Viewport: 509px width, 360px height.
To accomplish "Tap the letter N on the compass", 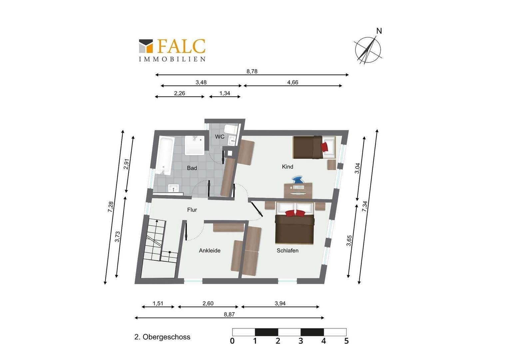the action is pos(379,31).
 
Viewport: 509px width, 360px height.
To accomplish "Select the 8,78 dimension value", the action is pos(252,71).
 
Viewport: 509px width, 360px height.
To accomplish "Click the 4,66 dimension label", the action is pos(293,82).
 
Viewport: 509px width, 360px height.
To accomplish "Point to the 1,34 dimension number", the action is pos(225,93).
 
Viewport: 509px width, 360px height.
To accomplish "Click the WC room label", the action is pos(220,137).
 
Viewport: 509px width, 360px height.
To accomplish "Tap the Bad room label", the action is pos(192,168).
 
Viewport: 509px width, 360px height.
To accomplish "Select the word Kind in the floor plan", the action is pos(287,167).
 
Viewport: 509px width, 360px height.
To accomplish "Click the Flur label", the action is pos(192,210).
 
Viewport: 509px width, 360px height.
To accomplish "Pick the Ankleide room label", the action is pos(210,251).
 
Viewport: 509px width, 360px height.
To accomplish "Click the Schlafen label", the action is pos(287,251).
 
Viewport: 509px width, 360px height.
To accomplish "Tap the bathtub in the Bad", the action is pos(165,156).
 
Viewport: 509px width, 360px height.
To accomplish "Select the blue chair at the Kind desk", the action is pos(298,179).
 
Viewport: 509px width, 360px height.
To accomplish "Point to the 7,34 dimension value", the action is pos(364,206).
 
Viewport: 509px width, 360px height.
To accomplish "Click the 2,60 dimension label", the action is pos(208,303).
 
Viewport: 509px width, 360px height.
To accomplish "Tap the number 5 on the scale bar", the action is pos(346,341).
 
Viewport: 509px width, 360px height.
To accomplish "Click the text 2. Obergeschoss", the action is pos(162,337).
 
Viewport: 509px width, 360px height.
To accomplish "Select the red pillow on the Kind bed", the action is pos(325,147).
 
